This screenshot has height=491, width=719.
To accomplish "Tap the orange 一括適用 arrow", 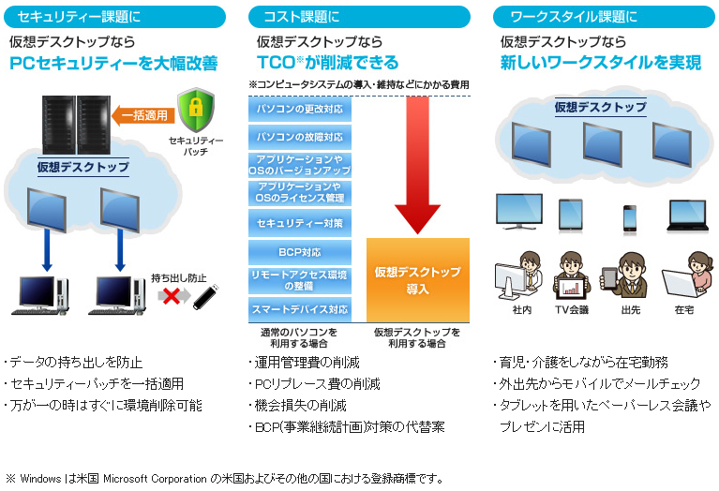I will point(142,116).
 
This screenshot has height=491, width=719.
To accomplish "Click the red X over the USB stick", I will point(172,295).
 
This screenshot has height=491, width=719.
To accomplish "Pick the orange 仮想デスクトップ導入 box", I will point(417,280).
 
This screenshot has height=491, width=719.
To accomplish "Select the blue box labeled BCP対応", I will point(300,252).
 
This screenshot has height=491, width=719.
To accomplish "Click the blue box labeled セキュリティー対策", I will point(300,224).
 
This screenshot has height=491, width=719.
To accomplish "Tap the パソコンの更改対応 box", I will point(300,109).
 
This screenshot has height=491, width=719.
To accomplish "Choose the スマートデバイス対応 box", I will point(300,309).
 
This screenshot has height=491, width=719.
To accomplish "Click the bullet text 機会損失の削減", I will point(301,406).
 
